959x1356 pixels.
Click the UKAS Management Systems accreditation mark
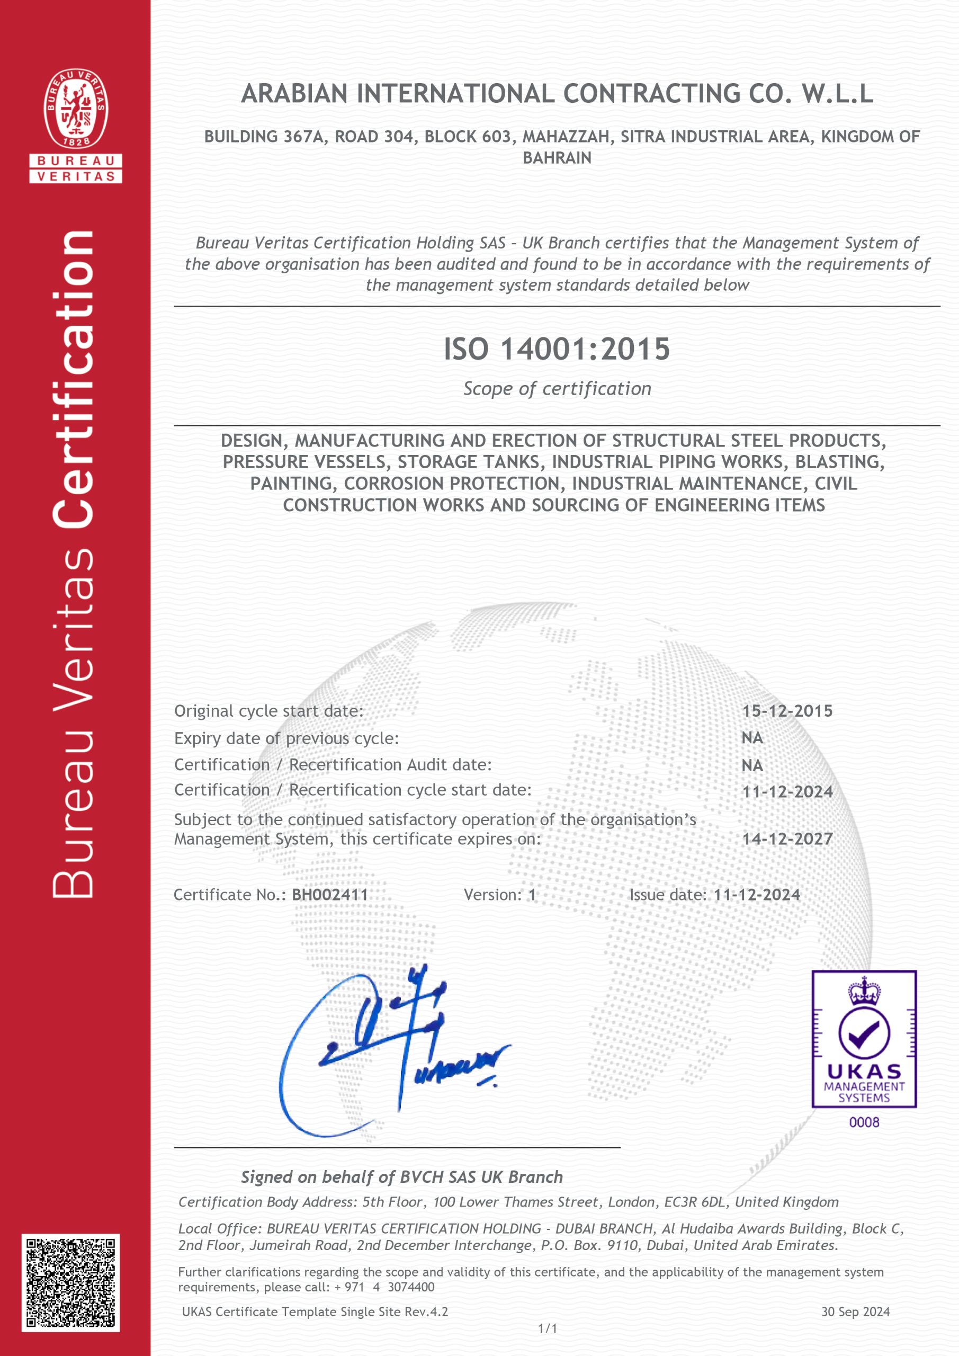pyautogui.click(x=864, y=1039)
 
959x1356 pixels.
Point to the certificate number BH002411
pyautogui.click(x=329, y=895)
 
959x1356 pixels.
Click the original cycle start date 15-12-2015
pyautogui.click(x=786, y=710)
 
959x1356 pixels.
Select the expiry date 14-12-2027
pyautogui.click(x=786, y=838)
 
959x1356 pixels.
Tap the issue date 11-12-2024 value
pyautogui.click(x=757, y=895)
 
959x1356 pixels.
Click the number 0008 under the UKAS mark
pyautogui.click(x=864, y=1122)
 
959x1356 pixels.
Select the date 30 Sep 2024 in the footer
pyautogui.click(x=855, y=1312)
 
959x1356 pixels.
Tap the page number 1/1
pyautogui.click(x=548, y=1329)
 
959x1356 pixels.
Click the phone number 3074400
pyautogui.click(x=411, y=1287)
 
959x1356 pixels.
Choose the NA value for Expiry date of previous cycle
pyautogui.click(x=752, y=738)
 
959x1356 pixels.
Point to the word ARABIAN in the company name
pyautogui.click(x=294, y=94)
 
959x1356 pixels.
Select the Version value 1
pyautogui.click(x=532, y=895)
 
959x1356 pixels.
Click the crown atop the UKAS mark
pyautogui.click(x=864, y=991)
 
